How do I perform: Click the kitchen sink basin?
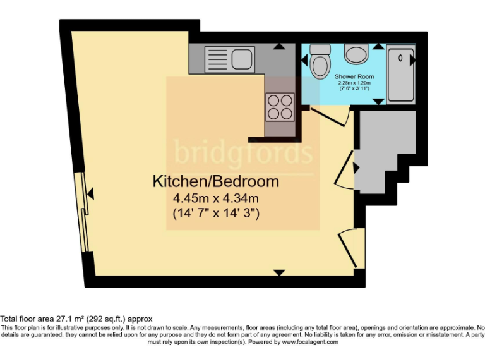click(x=241, y=59)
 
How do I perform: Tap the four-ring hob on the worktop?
click(x=280, y=106)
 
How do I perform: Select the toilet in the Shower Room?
click(x=321, y=61)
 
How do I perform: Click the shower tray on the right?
click(x=400, y=74)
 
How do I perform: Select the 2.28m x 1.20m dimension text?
click(x=354, y=83)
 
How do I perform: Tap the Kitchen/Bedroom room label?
click(x=215, y=182)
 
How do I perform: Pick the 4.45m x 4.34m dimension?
click(x=216, y=198)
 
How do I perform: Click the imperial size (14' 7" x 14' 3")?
click(x=216, y=214)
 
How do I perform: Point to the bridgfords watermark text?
click(x=243, y=153)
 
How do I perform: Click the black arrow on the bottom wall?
click(x=278, y=272)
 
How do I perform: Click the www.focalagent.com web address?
click(x=310, y=342)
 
